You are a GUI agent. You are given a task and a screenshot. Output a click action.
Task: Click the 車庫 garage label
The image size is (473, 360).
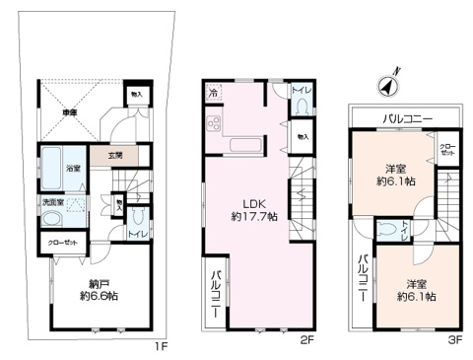(71, 113)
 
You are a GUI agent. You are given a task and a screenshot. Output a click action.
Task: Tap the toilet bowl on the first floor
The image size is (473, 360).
(139, 219)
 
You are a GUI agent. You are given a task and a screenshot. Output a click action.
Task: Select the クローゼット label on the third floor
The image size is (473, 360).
(449, 150)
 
